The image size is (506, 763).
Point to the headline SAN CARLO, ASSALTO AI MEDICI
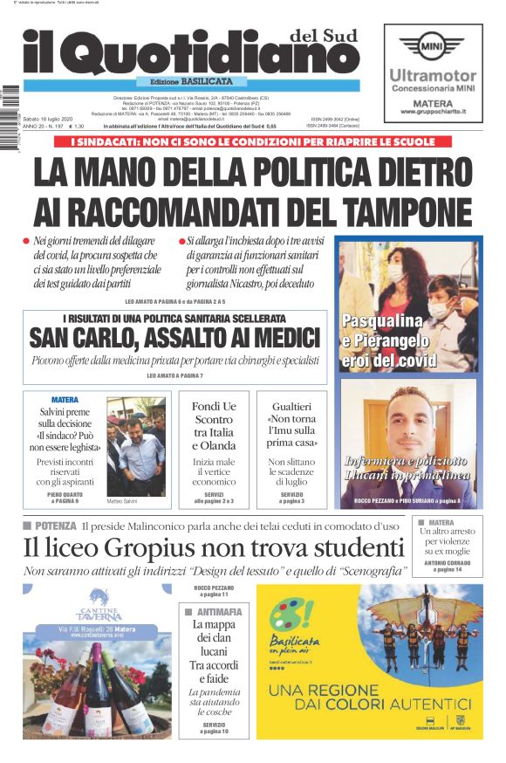pyautogui.click(x=174, y=338)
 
